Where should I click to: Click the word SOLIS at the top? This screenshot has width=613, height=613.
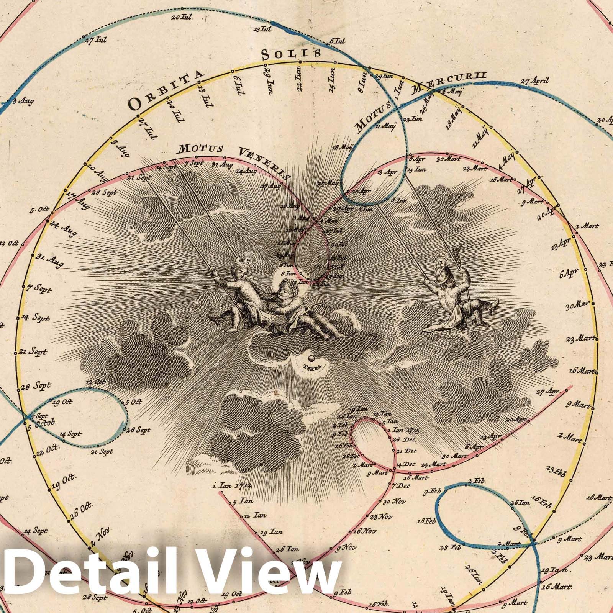[291, 54]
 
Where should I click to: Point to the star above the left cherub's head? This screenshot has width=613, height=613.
[248, 261]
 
